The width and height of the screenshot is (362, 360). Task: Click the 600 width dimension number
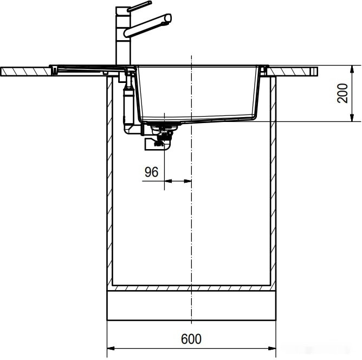191,339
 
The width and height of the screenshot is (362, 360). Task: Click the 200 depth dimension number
341,93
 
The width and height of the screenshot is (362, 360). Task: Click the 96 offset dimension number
151,172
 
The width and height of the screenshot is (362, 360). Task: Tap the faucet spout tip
167,20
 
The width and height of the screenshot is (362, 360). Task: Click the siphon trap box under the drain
157,143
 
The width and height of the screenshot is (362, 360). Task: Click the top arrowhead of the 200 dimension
353,69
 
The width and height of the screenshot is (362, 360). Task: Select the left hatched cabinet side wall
109,184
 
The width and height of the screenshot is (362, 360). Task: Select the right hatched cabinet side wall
273,184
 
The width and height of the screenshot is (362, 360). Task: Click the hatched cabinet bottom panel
191,286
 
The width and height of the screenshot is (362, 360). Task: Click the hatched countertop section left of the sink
24,71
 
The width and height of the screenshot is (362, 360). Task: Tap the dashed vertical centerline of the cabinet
191,228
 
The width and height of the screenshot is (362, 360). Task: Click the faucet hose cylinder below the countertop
128,103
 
